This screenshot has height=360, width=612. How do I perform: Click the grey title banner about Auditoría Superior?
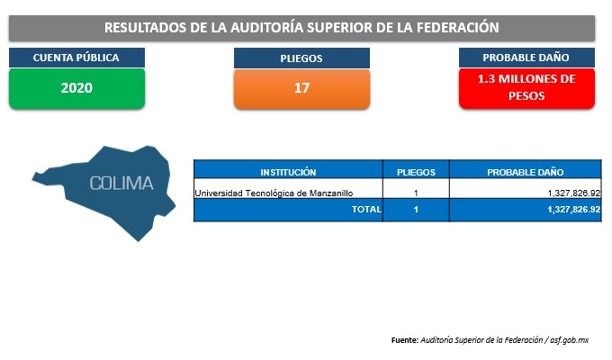[301, 28]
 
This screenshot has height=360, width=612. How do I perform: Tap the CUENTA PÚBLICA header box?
[76, 58]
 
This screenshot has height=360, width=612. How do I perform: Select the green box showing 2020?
[76, 88]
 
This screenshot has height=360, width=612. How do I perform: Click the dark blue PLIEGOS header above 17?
[301, 58]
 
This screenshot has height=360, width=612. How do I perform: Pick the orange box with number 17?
[301, 88]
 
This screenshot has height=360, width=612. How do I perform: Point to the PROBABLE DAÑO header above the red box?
[526, 58]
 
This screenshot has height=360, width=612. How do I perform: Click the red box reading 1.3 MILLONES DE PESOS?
[526, 88]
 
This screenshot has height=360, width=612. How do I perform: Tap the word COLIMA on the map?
[121, 184]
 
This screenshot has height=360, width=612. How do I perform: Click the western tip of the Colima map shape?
[32, 179]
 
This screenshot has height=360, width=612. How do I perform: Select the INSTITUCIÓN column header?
[288, 172]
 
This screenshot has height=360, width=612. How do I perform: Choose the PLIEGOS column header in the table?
[416, 172]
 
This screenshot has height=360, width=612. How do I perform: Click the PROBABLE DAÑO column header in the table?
[526, 172]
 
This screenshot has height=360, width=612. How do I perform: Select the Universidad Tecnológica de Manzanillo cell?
[274, 193]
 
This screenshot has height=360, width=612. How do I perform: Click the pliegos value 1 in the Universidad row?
[416, 193]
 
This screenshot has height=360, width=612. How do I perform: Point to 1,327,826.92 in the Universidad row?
[574, 193]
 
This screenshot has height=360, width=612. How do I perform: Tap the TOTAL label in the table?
[366, 210]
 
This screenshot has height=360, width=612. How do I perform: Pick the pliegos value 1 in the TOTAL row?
[416, 210]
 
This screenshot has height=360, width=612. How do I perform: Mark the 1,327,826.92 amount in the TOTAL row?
[574, 210]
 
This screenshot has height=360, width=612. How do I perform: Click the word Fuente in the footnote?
[405, 340]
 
